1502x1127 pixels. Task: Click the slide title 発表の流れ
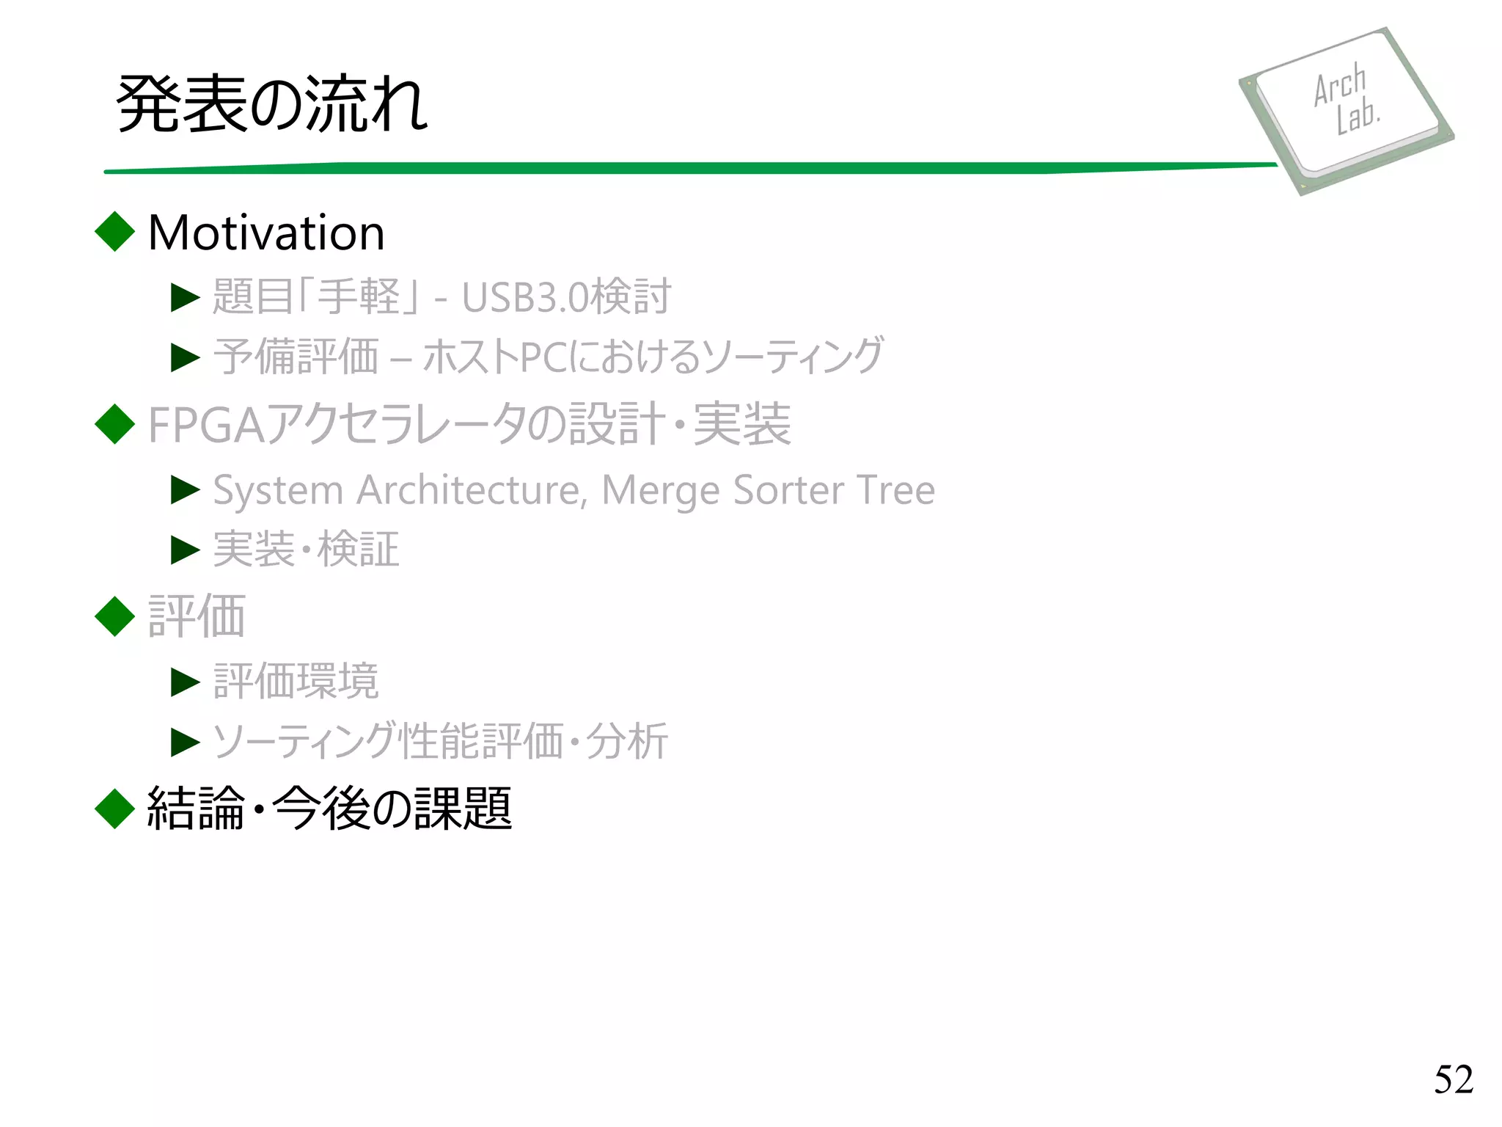pos(272,104)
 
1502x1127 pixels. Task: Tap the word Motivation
pos(266,233)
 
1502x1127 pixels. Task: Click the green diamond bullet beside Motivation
pos(115,231)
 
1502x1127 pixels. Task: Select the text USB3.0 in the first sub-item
pos(524,297)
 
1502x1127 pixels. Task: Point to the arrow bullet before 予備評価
pos(185,357)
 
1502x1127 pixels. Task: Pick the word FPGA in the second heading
pos(206,425)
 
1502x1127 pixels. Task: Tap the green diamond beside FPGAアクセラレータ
pos(115,424)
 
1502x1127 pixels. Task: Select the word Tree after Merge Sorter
pos(895,490)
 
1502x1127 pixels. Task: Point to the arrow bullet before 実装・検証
pos(185,550)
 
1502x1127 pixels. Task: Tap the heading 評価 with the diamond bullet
pos(197,616)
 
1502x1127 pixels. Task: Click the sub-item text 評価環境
pos(296,682)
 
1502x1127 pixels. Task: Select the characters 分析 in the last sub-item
pos(627,741)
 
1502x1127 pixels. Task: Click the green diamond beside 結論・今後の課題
pos(115,809)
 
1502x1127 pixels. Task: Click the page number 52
pos(1453,1079)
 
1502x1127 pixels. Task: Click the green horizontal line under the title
pos(689,168)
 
